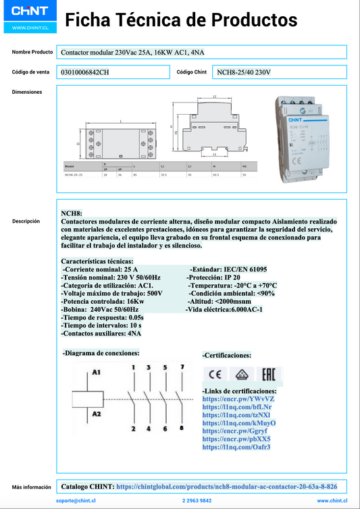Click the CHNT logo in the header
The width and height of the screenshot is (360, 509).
click(x=29, y=11)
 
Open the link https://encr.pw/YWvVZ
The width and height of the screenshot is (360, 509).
click(x=238, y=399)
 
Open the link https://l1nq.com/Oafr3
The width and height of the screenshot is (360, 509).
click(x=236, y=447)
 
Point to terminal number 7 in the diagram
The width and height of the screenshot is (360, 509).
click(x=182, y=367)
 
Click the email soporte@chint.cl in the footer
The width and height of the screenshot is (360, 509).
click(x=76, y=501)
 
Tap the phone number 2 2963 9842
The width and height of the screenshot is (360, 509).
click(x=197, y=501)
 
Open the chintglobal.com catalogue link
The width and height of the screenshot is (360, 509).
click(x=227, y=486)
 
